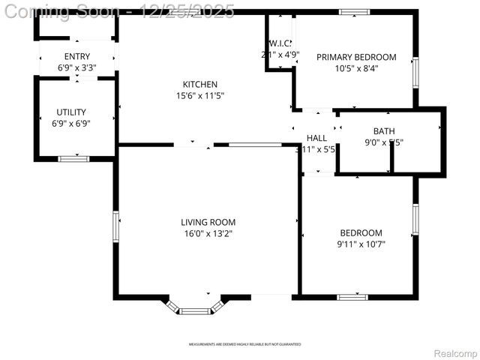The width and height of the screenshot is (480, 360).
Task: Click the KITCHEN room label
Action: (x=200, y=84)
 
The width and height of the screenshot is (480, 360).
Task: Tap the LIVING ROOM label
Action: (x=208, y=222)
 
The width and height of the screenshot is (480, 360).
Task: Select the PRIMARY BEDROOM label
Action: (x=355, y=57)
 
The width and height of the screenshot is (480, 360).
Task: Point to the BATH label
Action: (x=383, y=131)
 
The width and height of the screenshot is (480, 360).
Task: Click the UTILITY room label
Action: (x=70, y=112)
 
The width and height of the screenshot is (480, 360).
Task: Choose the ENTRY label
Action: (x=77, y=57)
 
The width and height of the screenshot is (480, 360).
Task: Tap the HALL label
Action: (x=316, y=138)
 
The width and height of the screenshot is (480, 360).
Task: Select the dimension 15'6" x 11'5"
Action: (x=200, y=96)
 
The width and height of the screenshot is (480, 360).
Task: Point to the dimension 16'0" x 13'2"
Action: (x=208, y=233)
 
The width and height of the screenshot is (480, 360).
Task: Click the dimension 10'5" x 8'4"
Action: (x=355, y=68)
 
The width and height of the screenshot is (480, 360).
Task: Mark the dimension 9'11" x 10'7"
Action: (x=361, y=244)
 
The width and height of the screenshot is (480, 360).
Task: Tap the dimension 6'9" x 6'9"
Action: (x=70, y=124)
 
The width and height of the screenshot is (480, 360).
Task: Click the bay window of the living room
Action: (x=195, y=308)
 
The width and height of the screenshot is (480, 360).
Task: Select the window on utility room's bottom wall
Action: (x=73, y=158)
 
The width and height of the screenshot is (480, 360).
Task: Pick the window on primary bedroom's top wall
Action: (x=354, y=12)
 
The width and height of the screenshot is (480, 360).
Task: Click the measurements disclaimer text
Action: (x=244, y=344)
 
